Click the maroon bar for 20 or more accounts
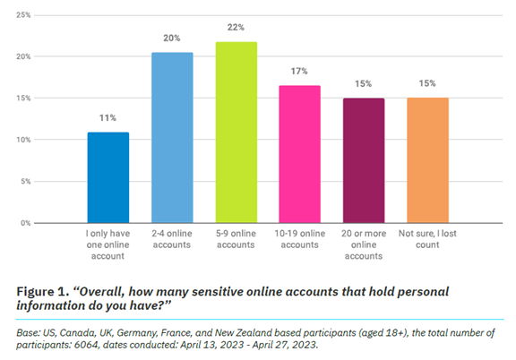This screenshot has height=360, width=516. [364, 160]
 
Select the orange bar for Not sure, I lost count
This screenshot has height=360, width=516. [428, 160]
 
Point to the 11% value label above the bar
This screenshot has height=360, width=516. [107, 116]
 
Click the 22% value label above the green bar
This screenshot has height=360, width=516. [235, 26]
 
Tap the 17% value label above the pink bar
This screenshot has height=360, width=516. [300, 70]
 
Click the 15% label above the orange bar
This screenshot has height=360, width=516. [428, 83]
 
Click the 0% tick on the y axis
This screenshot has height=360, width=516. [26, 222]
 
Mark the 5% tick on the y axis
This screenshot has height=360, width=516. [26, 181]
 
